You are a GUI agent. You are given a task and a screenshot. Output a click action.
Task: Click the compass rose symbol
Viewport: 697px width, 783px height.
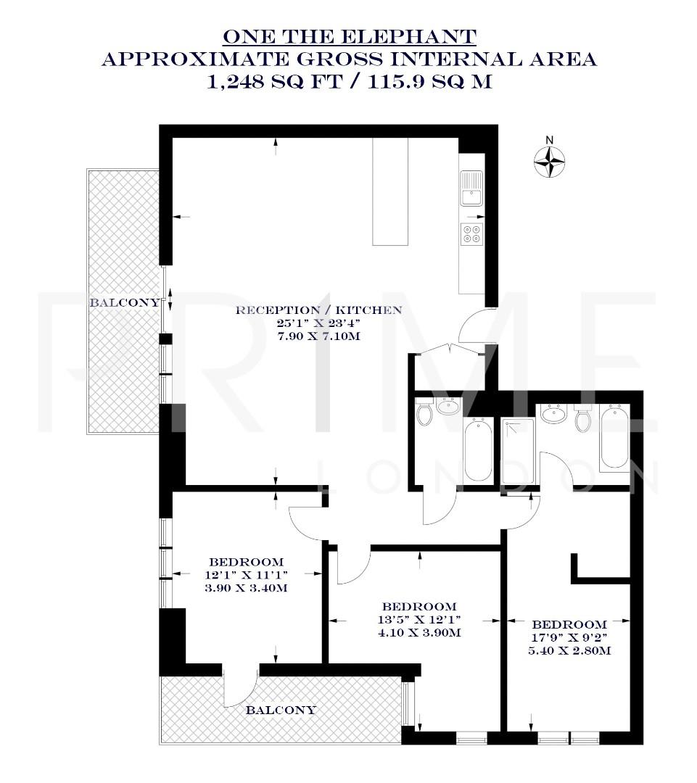point(549,161)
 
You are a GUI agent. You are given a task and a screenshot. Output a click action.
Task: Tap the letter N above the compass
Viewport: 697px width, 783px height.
point(549,140)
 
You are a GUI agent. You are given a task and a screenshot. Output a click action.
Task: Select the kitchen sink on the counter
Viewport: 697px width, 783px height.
point(471,188)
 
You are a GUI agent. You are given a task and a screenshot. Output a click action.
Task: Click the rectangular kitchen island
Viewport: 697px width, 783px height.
point(390,191)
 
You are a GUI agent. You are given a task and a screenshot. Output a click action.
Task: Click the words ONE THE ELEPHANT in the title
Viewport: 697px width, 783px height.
point(349,36)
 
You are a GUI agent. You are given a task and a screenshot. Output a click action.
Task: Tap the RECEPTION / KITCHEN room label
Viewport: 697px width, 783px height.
point(319,310)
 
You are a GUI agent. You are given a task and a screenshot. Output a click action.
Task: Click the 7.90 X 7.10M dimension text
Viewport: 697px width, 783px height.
point(319,337)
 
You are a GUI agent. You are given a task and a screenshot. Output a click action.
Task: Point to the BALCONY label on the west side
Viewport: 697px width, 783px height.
point(124,302)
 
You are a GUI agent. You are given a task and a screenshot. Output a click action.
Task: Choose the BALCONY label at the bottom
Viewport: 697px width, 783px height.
point(281,710)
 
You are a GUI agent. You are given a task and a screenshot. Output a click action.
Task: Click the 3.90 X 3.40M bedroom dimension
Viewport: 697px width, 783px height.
point(246,588)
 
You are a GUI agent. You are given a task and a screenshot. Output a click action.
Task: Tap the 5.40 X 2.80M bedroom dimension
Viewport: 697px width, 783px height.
point(569,650)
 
